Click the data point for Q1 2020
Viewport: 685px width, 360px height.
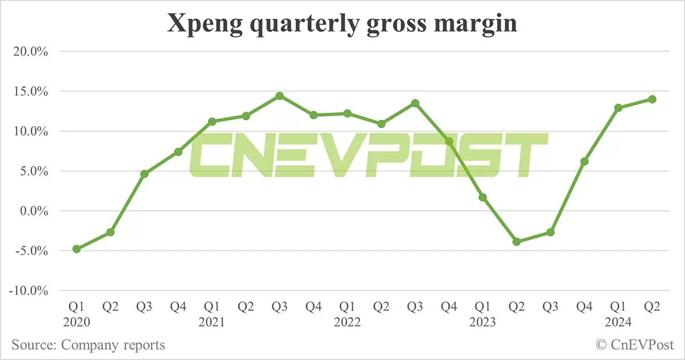tap(76, 249)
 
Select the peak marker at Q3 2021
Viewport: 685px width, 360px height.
tap(280, 96)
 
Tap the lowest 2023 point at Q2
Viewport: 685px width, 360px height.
tap(517, 242)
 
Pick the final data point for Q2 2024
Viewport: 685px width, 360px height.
tap(652, 99)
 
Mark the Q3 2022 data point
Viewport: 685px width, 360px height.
tap(416, 103)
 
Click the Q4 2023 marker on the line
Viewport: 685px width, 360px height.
tap(585, 161)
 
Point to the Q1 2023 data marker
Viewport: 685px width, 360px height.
tap(483, 197)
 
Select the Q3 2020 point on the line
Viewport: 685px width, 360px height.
tap(144, 174)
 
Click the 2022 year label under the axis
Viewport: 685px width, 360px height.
tap(347, 322)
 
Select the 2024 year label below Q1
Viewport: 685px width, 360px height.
tap(618, 322)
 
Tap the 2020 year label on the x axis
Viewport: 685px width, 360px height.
tap(76, 322)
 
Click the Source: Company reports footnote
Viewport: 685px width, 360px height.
tap(88, 345)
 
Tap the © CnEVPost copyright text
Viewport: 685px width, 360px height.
tap(635, 345)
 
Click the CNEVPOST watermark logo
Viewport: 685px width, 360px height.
tap(368, 155)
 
